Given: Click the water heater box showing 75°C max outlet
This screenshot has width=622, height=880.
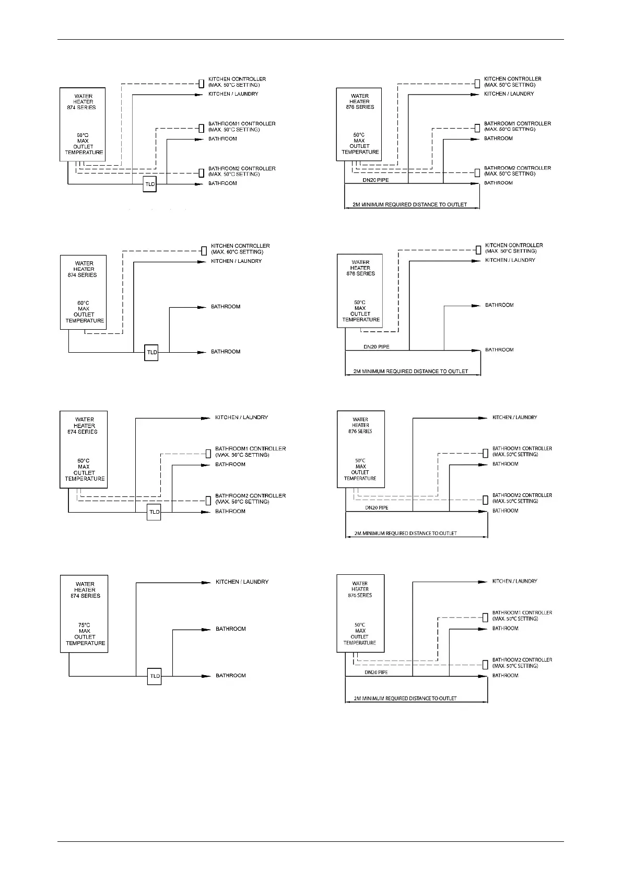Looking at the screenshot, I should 84,613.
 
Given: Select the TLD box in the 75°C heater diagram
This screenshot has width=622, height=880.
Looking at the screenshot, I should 155,676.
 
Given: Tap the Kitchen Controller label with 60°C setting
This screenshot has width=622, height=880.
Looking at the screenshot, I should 240,249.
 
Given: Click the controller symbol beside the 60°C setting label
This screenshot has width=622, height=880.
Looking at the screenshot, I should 204,250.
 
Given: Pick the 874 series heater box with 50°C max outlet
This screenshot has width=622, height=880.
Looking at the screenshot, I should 84,449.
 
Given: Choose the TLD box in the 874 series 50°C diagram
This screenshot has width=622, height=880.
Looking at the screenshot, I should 154,512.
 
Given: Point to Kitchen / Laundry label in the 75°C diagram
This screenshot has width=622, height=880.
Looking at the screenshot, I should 242,582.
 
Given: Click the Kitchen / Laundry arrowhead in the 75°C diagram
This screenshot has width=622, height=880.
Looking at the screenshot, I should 206,582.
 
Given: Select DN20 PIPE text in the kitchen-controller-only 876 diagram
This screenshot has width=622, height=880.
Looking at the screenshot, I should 377,346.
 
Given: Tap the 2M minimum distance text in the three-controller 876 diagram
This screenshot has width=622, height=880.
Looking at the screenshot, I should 410,204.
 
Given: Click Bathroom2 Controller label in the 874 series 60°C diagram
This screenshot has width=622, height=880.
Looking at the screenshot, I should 242,171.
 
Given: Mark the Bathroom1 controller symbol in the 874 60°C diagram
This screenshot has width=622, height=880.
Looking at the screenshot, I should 201,128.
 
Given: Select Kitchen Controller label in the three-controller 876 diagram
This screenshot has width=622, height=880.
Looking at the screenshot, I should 512,82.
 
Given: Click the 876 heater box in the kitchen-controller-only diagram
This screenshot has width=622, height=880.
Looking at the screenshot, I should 360,291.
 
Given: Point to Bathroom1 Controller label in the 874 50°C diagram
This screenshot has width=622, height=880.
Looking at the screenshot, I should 250,451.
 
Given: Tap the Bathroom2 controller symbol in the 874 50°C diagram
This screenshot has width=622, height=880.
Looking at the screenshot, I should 208,500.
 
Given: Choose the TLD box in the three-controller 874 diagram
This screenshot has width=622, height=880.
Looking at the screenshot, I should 150,184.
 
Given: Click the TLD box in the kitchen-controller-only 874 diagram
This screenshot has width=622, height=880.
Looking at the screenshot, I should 151,352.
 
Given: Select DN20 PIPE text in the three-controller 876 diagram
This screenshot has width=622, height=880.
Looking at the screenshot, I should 376,180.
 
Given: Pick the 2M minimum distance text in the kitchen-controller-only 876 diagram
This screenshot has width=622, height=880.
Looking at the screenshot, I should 410,372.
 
